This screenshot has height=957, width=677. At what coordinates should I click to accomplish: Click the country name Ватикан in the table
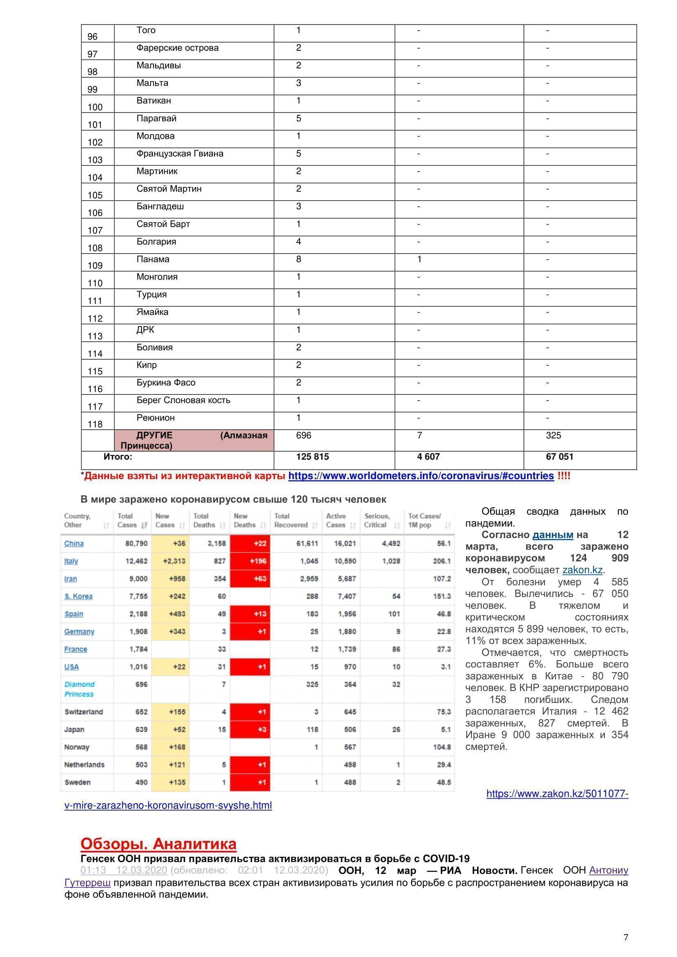pos(153,101)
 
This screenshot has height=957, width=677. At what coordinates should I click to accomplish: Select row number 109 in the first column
pos(95,266)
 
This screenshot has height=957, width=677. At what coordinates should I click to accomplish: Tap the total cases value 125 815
pos(312,457)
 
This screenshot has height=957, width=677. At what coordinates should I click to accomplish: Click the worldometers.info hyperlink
pos(421,476)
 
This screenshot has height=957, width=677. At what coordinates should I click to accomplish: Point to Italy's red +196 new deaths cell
pos(250,561)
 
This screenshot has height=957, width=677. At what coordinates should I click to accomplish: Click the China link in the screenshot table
pos(74,543)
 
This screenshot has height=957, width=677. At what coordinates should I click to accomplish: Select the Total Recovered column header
pos(291,520)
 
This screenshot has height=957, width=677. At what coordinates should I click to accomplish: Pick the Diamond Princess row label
pos(79,689)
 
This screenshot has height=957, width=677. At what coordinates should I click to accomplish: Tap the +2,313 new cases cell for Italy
pos(171,561)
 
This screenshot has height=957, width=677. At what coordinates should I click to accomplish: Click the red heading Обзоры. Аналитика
pos(158,844)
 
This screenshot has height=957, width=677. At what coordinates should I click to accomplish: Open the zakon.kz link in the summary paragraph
pos(583,570)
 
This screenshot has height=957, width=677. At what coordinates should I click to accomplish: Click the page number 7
pos(625,937)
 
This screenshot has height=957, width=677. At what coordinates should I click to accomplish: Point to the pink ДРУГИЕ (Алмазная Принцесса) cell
pos(194,440)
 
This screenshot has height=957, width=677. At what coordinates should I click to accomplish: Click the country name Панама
pos(153,259)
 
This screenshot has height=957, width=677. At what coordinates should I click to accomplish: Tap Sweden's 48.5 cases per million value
pos(444,782)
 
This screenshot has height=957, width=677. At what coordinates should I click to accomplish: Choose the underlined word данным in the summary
pos(553,535)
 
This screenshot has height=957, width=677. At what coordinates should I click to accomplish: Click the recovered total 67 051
pos(560,457)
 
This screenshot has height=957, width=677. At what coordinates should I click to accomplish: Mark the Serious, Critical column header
pos(377,520)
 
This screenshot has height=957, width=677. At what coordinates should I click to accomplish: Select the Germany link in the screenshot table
pos(79,631)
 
